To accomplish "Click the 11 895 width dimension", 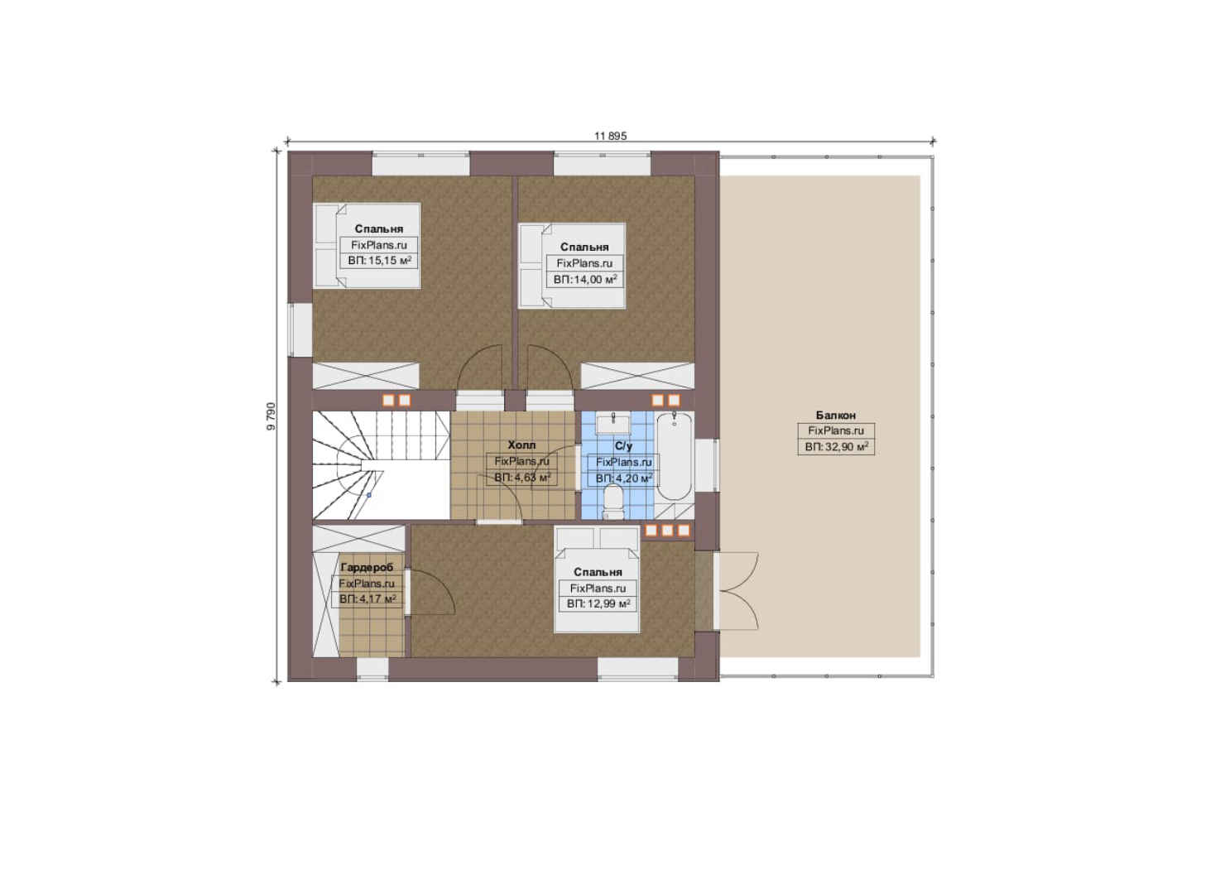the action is [611, 136].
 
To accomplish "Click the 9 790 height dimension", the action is [271, 416].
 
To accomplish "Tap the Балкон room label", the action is [835, 415].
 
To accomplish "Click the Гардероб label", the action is [367, 567].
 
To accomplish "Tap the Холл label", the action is [521, 445].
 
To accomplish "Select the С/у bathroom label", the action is [623, 445].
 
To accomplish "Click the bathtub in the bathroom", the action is [675, 456].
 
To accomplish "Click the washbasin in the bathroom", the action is [613, 423].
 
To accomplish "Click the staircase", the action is [381, 464].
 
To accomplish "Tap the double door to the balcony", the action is [736, 591].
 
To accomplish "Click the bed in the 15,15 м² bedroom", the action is [367, 246].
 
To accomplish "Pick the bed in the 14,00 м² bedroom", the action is [572, 266].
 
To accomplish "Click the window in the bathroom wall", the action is [707, 465].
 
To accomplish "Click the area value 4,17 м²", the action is [367, 599].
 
